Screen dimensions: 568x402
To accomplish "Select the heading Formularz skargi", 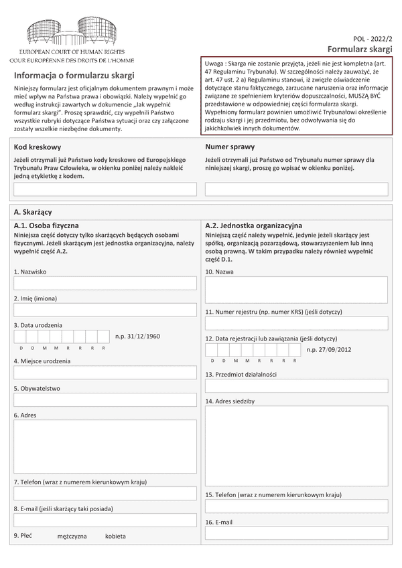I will point(360,51).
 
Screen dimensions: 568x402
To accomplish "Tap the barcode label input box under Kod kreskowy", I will point(105,189).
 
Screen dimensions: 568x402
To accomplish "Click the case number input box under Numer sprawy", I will point(297,189).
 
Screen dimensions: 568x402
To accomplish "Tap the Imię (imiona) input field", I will point(105,309).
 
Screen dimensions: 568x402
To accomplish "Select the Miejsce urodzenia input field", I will point(105,373).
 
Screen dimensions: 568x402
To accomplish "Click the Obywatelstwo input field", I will point(105,400).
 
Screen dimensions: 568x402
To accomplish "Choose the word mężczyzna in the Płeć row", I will point(72,537).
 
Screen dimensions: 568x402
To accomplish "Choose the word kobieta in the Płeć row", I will point(115,537).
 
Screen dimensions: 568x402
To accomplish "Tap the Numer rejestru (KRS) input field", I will point(297,324).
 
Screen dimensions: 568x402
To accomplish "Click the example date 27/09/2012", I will point(329,349).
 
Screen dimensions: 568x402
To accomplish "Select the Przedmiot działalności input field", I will point(297,386).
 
